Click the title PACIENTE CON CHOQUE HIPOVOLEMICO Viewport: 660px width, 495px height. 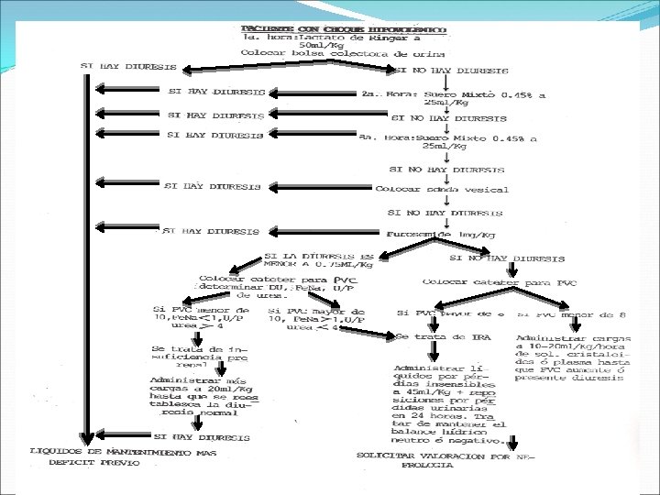click(345, 29)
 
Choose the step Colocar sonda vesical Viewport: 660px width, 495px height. click(442, 189)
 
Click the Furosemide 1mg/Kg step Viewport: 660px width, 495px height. click(442, 235)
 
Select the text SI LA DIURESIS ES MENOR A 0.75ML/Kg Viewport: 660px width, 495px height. click(319, 260)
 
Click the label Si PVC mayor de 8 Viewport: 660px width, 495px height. click(449, 313)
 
